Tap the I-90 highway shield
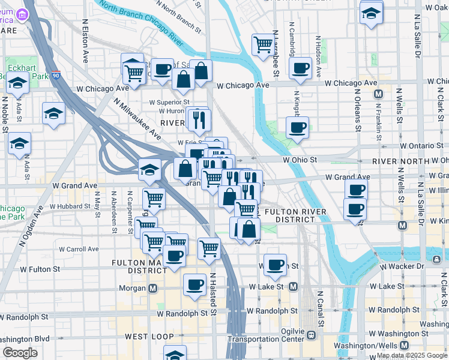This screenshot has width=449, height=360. click(x=56, y=76)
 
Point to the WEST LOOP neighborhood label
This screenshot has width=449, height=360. click(x=149, y=337)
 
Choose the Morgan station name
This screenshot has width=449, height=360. click(x=135, y=289)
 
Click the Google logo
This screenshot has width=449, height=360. click(x=20, y=353)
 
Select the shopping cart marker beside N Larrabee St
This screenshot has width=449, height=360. click(x=263, y=44)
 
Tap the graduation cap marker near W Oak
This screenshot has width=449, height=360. click(x=372, y=12)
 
